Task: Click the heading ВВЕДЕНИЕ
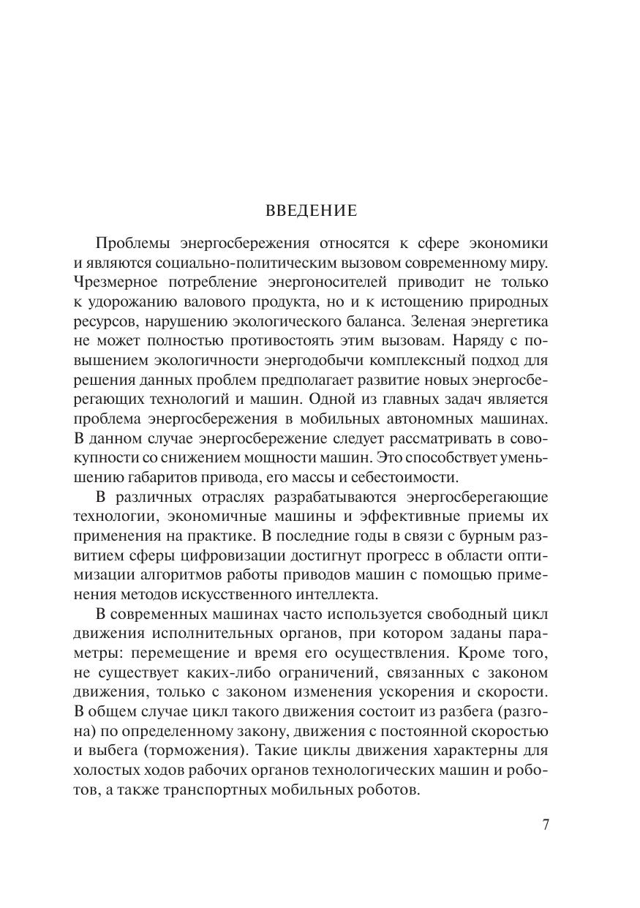311,211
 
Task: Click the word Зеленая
440,320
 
